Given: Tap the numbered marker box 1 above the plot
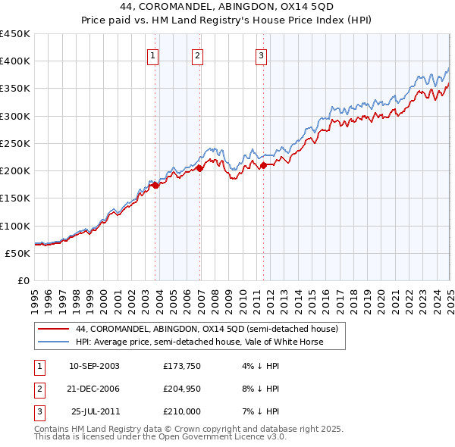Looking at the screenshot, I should click(152, 55).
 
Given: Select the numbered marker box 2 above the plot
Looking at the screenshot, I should click(196, 55).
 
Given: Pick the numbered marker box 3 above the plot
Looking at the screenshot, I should click(260, 55).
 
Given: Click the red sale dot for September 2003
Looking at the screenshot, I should click(155, 185).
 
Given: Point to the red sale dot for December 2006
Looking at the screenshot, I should click(201, 168).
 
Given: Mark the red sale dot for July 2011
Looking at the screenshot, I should click(264, 165).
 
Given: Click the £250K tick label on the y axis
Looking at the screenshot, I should click(15, 143).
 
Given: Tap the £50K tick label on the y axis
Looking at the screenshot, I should click(18, 253).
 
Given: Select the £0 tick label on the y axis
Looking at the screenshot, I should click(24, 280).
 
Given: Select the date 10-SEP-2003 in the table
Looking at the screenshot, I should click(94, 366).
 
